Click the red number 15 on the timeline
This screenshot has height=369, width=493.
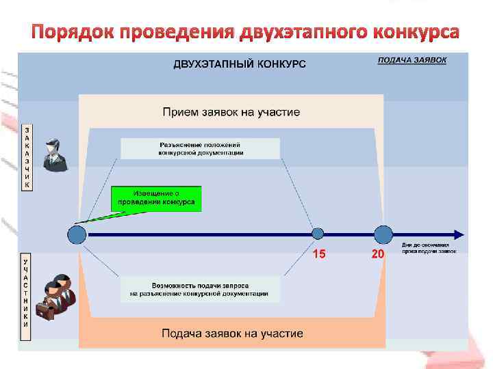(318, 254)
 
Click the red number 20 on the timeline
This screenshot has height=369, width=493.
(377, 254)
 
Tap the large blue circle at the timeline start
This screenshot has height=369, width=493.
(77, 235)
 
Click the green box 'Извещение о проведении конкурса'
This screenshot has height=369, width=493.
(156, 198)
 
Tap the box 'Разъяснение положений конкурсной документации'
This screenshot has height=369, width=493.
(201, 149)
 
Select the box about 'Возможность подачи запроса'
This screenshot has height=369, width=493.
(200, 289)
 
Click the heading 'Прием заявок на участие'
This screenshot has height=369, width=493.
(231, 111)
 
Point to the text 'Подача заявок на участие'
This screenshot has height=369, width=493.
(232, 333)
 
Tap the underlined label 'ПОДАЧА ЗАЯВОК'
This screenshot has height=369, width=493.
(412, 60)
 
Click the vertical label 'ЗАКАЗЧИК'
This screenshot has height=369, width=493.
(27, 157)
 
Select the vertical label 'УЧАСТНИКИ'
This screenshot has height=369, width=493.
(26, 294)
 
